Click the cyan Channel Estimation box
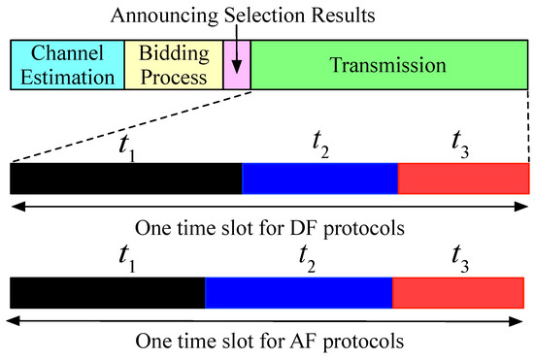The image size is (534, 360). (x=67, y=65)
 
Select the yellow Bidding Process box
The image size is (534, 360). (x=174, y=65)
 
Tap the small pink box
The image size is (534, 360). (x=237, y=65)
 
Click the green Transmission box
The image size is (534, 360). (x=389, y=65)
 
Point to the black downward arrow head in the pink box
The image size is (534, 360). (x=236, y=67)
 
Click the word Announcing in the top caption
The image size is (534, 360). (x=164, y=16)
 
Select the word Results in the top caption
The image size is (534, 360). (x=344, y=16)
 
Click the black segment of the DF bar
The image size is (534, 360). (x=126, y=179)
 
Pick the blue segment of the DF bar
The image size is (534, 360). (x=319, y=179)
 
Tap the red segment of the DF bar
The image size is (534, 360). (x=463, y=179)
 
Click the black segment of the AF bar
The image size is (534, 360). (x=108, y=293)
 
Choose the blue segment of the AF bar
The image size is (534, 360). (x=299, y=293)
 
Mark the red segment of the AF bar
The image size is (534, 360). (x=458, y=293)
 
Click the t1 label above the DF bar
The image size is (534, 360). (x=127, y=148)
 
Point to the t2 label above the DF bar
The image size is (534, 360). (x=320, y=145)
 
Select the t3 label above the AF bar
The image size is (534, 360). (x=460, y=259)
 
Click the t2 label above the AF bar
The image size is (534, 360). (x=307, y=259)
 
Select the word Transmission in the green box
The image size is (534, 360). (x=387, y=65)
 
